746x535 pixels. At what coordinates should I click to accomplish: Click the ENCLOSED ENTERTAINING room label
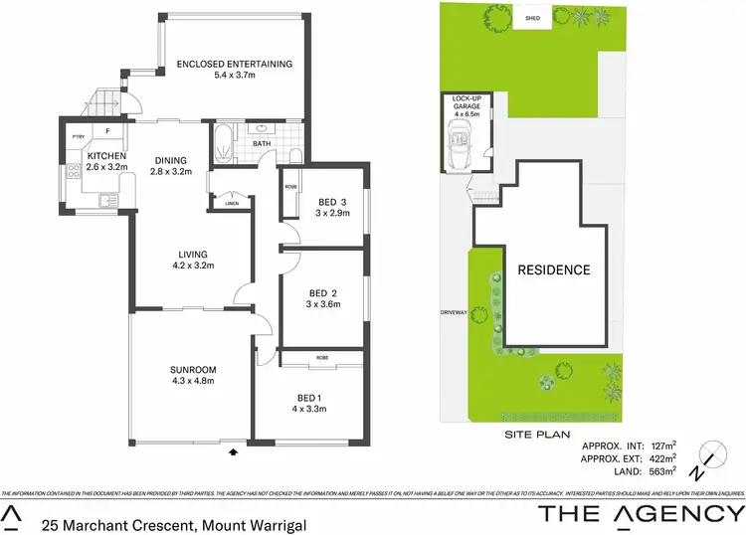point(235,65)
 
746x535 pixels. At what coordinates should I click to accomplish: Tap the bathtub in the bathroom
point(223,144)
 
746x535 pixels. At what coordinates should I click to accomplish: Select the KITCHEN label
point(104,156)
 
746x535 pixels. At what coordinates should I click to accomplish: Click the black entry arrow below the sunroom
point(234,452)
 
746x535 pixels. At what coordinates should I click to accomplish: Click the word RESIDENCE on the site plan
point(553,269)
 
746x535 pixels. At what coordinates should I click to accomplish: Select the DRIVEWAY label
point(454,313)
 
